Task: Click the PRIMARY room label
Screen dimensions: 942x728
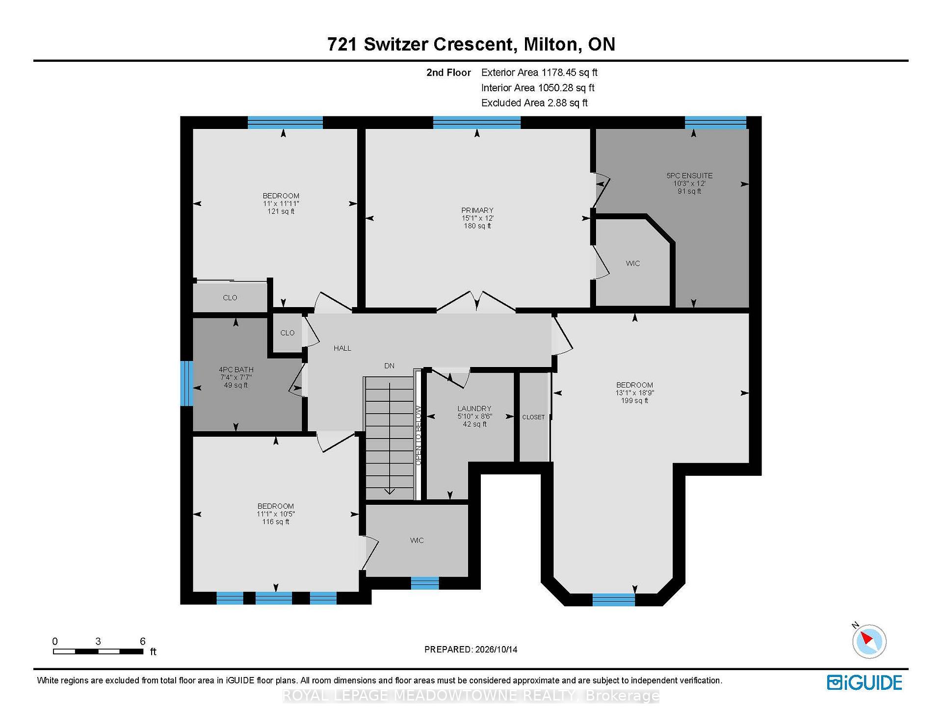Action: click(x=477, y=210)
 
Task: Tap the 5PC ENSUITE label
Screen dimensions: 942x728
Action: click(x=689, y=176)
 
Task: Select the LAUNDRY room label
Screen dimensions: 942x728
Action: click(x=474, y=409)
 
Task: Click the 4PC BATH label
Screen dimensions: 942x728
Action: click(x=236, y=370)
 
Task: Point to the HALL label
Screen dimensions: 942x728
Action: click(x=342, y=348)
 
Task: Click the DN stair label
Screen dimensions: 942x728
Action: click(x=389, y=366)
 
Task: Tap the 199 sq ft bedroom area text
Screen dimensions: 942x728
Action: click(x=634, y=401)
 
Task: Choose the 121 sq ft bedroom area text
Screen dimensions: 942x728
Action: click(x=281, y=211)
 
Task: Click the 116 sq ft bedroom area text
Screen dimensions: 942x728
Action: click(x=276, y=522)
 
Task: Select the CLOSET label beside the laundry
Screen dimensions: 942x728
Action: click(x=533, y=417)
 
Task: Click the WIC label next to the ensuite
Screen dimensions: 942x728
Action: click(x=633, y=264)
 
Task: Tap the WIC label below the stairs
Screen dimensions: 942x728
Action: click(x=417, y=541)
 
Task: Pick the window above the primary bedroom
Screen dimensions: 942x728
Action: click(x=476, y=123)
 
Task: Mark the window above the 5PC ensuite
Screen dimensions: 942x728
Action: click(x=715, y=123)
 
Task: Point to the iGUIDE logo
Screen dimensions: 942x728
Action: click(x=864, y=682)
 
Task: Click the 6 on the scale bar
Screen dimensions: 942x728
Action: click(x=143, y=641)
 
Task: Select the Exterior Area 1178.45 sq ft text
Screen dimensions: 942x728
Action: click(x=539, y=73)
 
